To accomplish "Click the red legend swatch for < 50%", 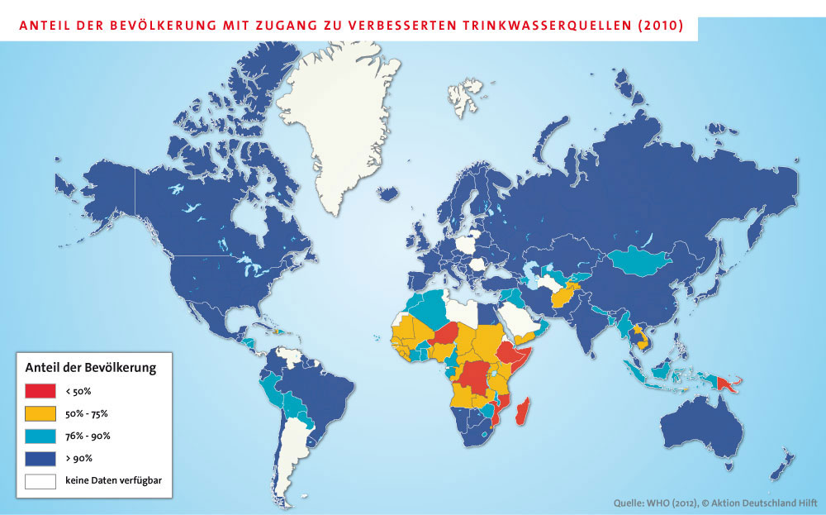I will (x=40, y=391).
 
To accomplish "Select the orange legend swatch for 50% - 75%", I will (x=40, y=413).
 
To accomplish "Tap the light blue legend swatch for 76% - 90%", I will (x=40, y=436).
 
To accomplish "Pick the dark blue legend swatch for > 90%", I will (x=40, y=458).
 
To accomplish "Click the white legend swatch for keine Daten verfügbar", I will (x=40, y=480).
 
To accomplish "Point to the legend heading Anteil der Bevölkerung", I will (x=92, y=367).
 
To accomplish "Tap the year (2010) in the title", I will (x=660, y=26).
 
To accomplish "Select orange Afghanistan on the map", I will (x=565, y=293).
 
